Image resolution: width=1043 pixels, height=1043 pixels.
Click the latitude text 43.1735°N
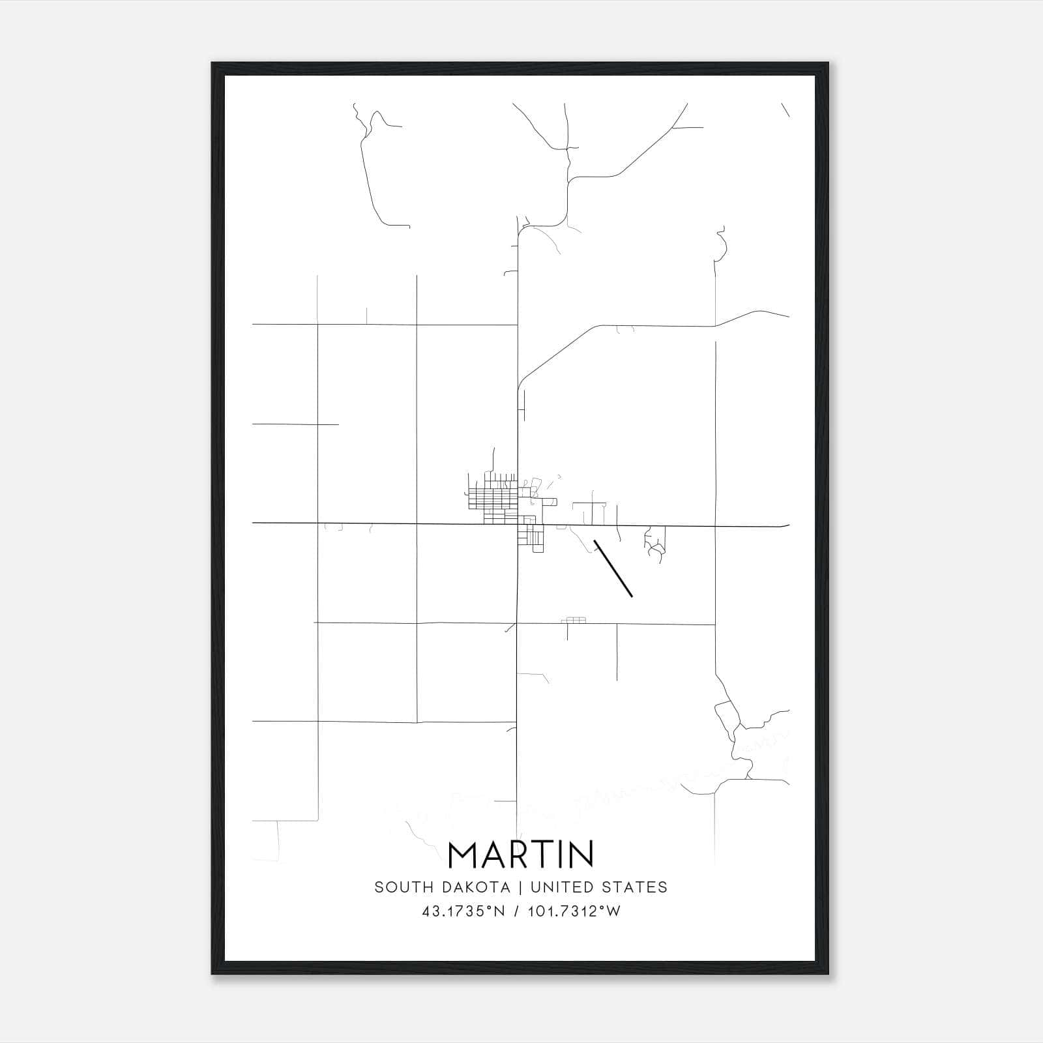[x=463, y=911]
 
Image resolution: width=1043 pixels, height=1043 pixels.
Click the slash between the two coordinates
[x=517, y=911]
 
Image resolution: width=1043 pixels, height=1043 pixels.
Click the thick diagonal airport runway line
[x=613, y=568]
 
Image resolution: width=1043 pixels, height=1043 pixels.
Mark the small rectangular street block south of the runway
[x=574, y=620]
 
